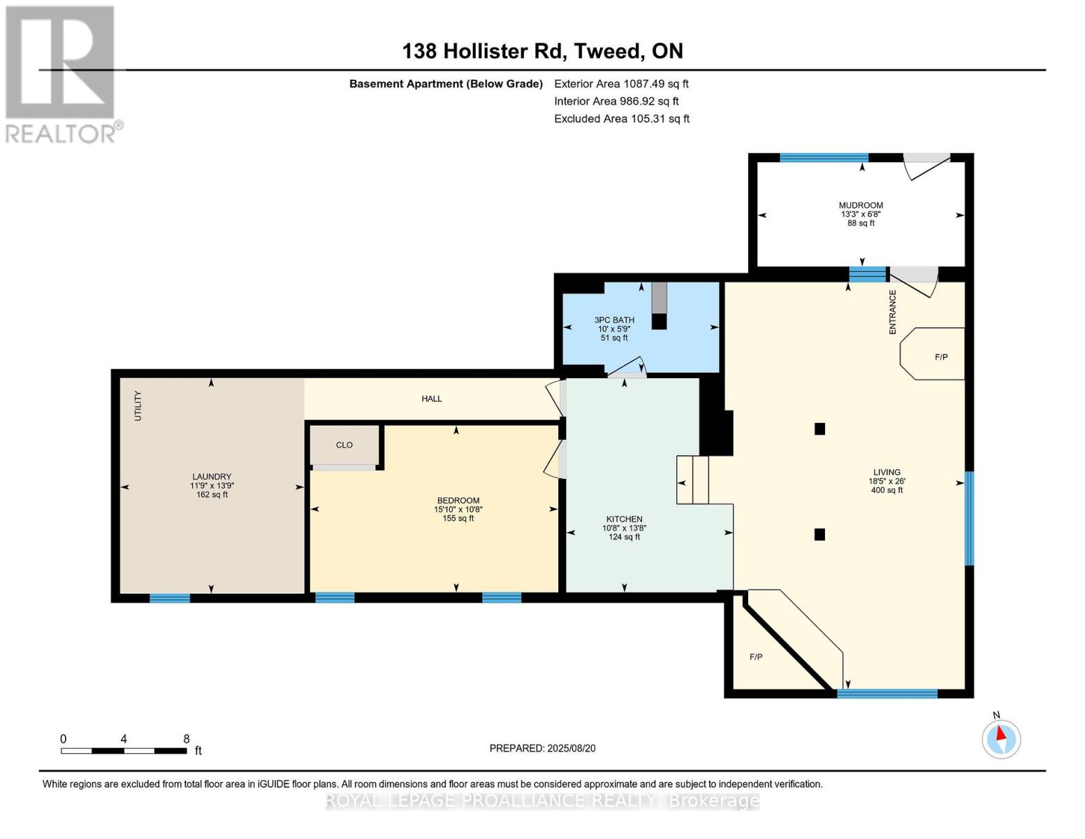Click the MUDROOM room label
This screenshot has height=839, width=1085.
pyautogui.click(x=861, y=206)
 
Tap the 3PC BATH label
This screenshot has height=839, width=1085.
pyautogui.click(x=614, y=320)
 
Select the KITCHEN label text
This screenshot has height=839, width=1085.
pyautogui.click(x=624, y=519)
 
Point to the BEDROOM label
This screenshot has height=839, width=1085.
pyautogui.click(x=458, y=501)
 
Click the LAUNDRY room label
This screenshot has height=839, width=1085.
pyautogui.click(x=212, y=477)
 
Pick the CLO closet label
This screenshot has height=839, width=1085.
pyautogui.click(x=344, y=445)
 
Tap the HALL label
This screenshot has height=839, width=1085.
pyautogui.click(x=432, y=399)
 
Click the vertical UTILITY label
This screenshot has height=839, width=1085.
pyautogui.click(x=138, y=406)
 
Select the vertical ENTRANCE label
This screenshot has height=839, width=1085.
pyautogui.click(x=892, y=312)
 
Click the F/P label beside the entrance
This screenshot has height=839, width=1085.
pyautogui.click(x=941, y=357)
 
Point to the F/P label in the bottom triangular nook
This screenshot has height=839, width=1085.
pyautogui.click(x=756, y=657)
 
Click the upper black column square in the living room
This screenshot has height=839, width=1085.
pyautogui.click(x=820, y=429)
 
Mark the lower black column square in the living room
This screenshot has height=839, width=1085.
pyautogui.click(x=820, y=535)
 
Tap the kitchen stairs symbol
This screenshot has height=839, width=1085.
pyautogui.click(x=692, y=480)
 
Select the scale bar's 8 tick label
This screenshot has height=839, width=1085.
pyautogui.click(x=187, y=739)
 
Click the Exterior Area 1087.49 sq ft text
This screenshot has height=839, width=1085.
pyautogui.click(x=621, y=84)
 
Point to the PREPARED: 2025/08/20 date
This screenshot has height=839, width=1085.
pyautogui.click(x=542, y=748)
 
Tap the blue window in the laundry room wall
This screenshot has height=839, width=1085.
pyautogui.click(x=170, y=598)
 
